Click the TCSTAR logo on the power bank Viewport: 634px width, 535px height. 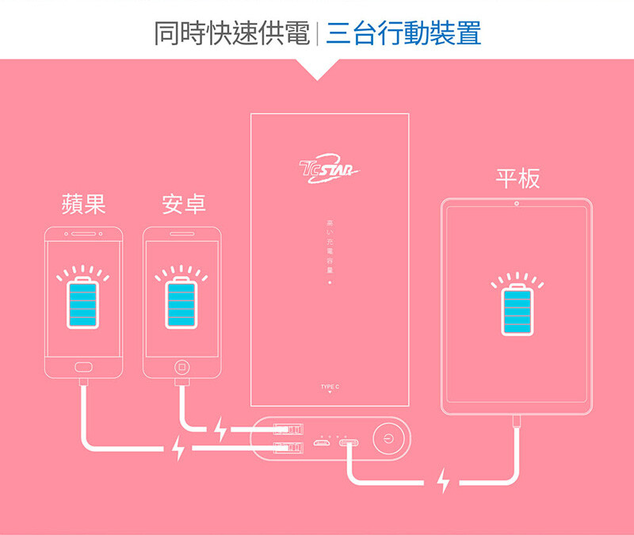click(x=330, y=168)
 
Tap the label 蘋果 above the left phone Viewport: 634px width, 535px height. click(x=83, y=204)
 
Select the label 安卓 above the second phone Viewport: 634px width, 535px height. click(x=184, y=204)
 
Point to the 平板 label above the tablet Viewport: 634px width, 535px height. click(x=518, y=178)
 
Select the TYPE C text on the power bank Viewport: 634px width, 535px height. click(x=330, y=386)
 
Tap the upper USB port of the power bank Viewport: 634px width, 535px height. click(x=288, y=430)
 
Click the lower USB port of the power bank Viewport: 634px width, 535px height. click(x=288, y=449)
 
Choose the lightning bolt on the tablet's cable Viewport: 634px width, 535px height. click(x=443, y=480)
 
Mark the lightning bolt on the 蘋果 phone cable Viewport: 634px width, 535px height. click(x=178, y=449)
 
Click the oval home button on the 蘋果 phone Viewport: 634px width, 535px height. click(x=83, y=367)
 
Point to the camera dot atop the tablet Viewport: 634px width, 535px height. click(x=517, y=205)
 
